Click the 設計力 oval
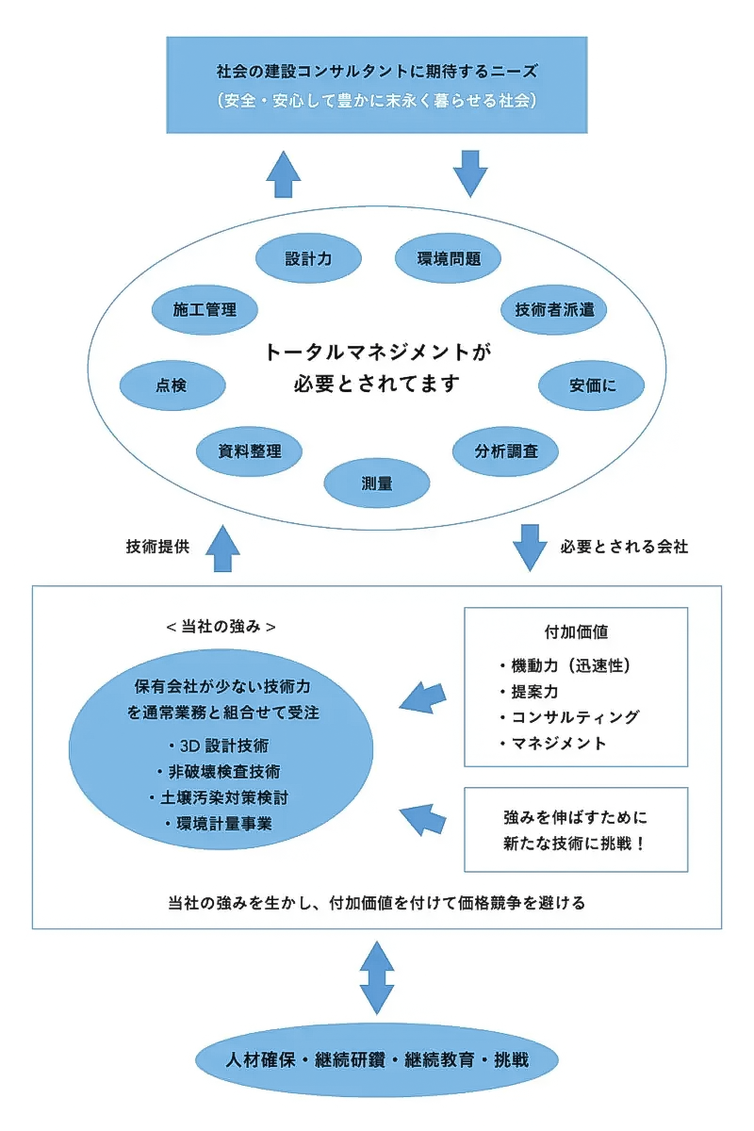tap(309, 257)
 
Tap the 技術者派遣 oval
tap(554, 309)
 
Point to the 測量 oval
tap(377, 484)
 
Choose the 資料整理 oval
tap(250, 451)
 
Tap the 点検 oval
tap(172, 385)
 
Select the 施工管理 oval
tap(205, 309)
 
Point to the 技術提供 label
tap(157, 547)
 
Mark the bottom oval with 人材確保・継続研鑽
tap(377, 1059)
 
